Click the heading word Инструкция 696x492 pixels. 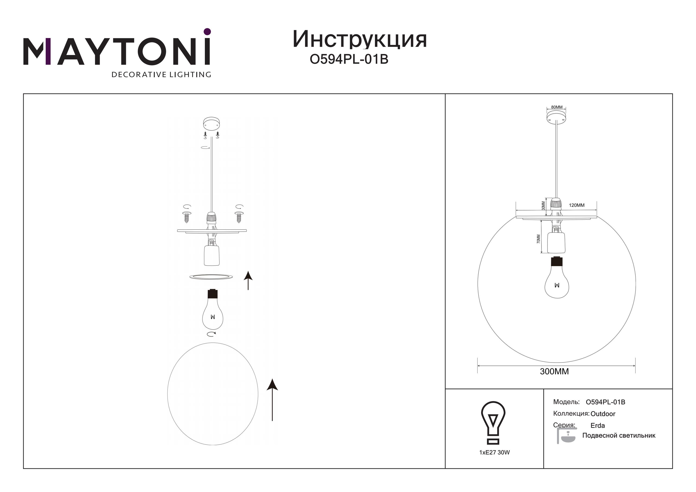tap(360, 40)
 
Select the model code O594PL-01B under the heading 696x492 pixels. tap(349, 60)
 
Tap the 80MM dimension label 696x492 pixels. tap(557, 107)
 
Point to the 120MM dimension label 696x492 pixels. tap(577, 205)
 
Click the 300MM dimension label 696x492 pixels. tap(554, 372)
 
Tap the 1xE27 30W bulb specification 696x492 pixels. tap(494, 452)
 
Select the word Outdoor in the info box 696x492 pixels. tap(603, 414)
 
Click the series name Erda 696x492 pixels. tap(598, 426)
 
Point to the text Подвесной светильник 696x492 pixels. tap(619, 436)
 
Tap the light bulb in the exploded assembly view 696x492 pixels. tap(213, 309)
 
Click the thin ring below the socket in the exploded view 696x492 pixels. tap(211, 277)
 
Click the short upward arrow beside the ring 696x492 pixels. tap(248, 280)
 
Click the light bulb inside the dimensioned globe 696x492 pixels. tap(557, 278)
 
